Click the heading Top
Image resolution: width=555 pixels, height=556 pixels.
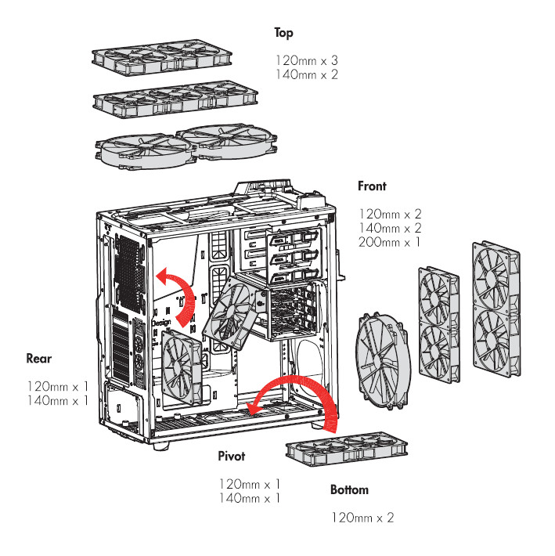click(283, 33)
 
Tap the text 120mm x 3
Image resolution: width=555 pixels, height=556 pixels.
click(306, 60)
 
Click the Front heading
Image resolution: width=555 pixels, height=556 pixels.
click(372, 186)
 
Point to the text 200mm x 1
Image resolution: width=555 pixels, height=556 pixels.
click(390, 242)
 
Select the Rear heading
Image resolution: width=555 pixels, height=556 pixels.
click(39, 359)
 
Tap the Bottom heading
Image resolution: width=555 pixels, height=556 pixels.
click(349, 490)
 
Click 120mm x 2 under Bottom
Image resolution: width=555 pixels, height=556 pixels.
click(362, 518)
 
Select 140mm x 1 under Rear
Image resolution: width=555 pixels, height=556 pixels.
click(57, 400)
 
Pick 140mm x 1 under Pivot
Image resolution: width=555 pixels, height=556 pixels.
click(249, 498)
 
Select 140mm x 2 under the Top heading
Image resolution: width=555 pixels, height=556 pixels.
click(306, 74)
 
